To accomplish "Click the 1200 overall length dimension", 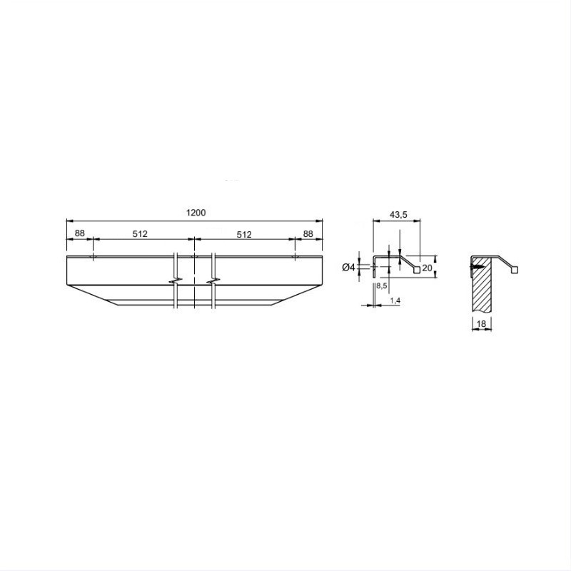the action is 196,213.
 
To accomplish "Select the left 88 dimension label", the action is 79,233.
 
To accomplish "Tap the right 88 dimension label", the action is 308,234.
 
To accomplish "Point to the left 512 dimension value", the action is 140,234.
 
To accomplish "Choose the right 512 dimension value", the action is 244,235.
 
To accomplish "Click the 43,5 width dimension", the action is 398,215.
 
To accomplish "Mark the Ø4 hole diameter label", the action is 348,268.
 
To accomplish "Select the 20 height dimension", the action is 427,268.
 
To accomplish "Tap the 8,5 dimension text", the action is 382,286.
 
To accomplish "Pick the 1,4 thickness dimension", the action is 395,300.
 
